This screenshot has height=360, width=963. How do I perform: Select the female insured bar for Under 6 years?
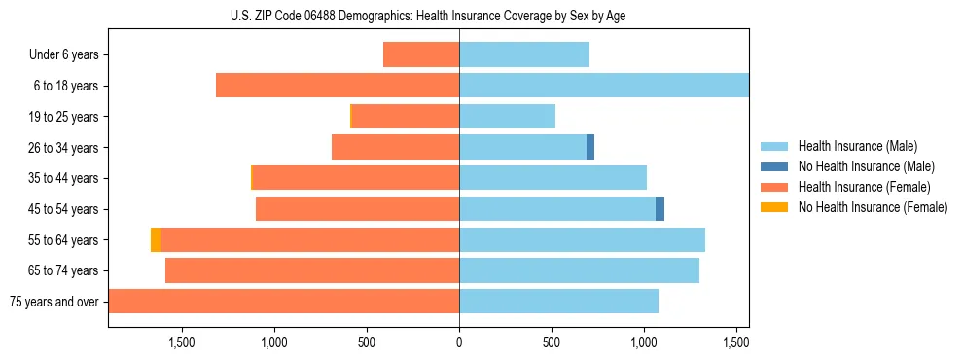click(421, 54)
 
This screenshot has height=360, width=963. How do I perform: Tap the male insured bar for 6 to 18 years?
click(603, 86)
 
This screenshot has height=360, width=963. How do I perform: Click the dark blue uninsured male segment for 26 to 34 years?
click(590, 147)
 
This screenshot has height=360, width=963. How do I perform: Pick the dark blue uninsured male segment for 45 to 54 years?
click(660, 208)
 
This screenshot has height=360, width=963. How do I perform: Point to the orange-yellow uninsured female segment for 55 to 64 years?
click(156, 239)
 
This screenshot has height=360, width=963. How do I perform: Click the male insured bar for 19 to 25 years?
click(507, 117)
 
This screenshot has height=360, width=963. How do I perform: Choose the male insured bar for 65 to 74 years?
click(579, 270)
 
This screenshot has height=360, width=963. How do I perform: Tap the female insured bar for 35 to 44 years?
click(356, 178)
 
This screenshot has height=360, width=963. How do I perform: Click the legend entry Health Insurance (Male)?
click(857, 146)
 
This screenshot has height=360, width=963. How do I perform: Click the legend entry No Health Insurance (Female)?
click(873, 207)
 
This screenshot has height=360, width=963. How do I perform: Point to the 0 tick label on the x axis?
click(459, 342)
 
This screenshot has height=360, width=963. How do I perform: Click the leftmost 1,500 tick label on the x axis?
click(182, 342)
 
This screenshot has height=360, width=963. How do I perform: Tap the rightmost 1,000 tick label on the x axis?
click(644, 342)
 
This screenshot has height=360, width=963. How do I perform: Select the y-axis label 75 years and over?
click(54, 302)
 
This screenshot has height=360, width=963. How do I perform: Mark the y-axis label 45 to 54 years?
click(64, 209)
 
